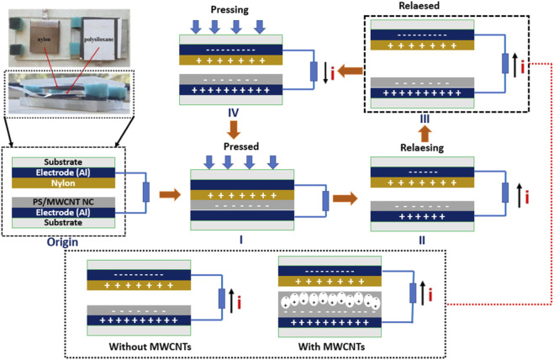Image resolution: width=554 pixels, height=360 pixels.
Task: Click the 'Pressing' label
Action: click(230, 10)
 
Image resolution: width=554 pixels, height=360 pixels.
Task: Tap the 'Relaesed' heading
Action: click(419, 6)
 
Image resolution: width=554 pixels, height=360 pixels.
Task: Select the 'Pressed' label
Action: click(241, 146)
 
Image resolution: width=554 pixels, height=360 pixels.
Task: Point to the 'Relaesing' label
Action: click(422, 148)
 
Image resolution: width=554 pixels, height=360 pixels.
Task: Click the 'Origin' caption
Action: click(62, 242)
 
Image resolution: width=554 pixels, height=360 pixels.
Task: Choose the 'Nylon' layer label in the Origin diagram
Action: click(63, 183)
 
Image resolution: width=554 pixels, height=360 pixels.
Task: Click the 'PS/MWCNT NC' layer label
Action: click(63, 202)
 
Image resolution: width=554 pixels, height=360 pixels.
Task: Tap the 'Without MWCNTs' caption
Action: click(150, 347)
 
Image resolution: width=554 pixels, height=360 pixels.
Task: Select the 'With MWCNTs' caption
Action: click(331, 347)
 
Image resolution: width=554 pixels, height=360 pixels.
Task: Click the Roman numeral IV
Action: click(233, 113)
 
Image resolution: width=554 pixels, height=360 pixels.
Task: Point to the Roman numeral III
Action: click(425, 119)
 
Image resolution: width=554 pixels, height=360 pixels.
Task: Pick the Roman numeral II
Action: click(422, 241)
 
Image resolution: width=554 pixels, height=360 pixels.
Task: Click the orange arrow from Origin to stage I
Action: click(170, 194)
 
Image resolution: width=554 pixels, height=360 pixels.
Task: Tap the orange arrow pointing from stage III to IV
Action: click(350, 71)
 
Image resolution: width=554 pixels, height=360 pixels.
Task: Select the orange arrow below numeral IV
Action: click(234, 130)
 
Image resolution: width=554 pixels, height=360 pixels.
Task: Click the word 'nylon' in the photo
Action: click(45, 40)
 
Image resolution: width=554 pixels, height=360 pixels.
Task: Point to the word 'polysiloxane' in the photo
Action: click(99, 40)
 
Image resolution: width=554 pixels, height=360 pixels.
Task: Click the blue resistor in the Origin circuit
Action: click(146, 193)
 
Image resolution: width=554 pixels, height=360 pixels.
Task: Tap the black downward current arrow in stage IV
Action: click(325, 72)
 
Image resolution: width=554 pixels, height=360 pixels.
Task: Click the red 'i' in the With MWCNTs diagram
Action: click(430, 294)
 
